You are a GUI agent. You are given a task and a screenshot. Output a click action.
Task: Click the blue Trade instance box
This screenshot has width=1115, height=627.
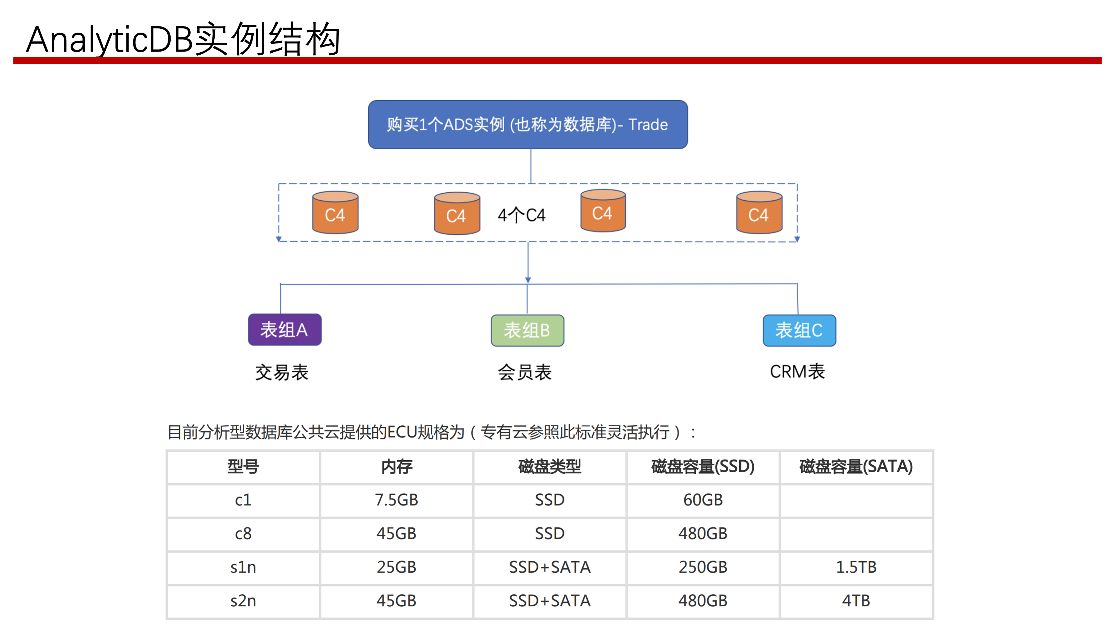tap(528, 125)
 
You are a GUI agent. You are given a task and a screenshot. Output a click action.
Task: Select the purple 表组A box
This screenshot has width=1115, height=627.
tap(284, 330)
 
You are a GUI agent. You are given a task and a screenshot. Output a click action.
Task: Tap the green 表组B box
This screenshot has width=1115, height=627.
tap(527, 330)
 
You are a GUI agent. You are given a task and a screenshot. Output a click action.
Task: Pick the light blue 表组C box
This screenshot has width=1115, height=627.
tap(799, 330)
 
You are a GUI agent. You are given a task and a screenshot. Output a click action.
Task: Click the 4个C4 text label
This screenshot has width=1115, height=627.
tap(522, 215)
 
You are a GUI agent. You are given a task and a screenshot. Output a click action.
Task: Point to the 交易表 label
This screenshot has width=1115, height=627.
tap(282, 372)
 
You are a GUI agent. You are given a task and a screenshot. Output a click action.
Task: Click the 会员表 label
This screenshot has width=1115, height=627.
tap(525, 372)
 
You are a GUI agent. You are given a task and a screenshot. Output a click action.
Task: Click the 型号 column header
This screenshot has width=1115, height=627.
tap(243, 466)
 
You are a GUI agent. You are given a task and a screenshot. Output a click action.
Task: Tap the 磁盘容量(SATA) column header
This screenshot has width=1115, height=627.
tap(856, 466)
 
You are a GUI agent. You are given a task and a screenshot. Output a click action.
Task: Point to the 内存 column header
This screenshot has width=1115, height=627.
tap(396, 466)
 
